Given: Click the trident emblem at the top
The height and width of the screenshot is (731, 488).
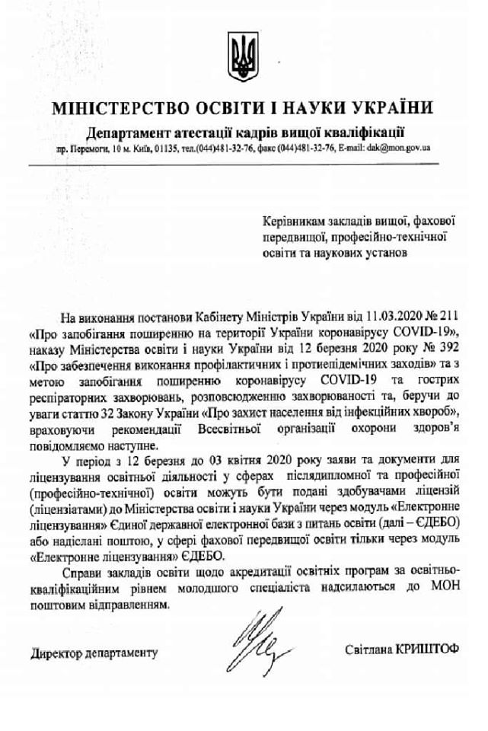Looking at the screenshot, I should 244,53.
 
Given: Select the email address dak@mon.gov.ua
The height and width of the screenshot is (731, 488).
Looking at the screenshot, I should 398,147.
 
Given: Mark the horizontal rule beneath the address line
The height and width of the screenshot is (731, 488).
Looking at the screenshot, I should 244,163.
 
